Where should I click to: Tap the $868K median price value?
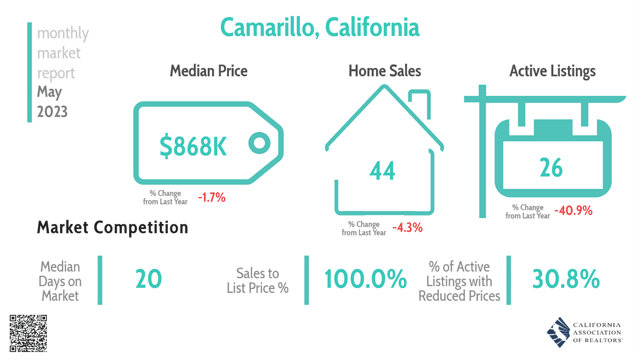(x=194, y=146)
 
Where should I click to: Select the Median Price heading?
(x=208, y=71)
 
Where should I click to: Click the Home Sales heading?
(x=384, y=71)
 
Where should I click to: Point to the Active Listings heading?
(x=552, y=71)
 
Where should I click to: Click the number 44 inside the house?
(x=382, y=171)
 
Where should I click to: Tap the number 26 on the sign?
(x=551, y=167)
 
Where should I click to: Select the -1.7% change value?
(x=211, y=197)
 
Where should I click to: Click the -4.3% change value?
(x=407, y=227)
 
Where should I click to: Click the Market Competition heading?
(x=112, y=228)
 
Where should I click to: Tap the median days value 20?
(x=148, y=280)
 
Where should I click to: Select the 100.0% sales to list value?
(x=358, y=280)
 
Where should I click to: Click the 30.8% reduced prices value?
(x=565, y=280)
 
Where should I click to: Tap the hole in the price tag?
(x=258, y=144)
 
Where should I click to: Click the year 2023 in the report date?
(x=53, y=112)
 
